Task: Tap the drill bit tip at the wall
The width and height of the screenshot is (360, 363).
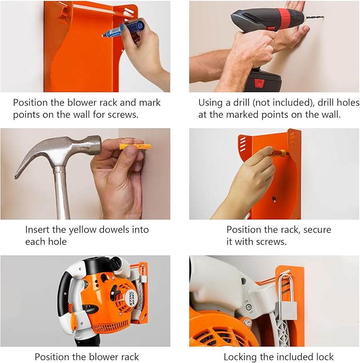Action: (x=323, y=17)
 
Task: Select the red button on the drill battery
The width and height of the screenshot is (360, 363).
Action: (x=259, y=83)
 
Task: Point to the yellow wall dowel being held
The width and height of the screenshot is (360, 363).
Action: (x=136, y=146)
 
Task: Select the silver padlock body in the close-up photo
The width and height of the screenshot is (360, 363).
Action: (x=286, y=310)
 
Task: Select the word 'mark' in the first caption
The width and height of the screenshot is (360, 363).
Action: (x=150, y=103)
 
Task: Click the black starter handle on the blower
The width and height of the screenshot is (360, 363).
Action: (x=114, y=291)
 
